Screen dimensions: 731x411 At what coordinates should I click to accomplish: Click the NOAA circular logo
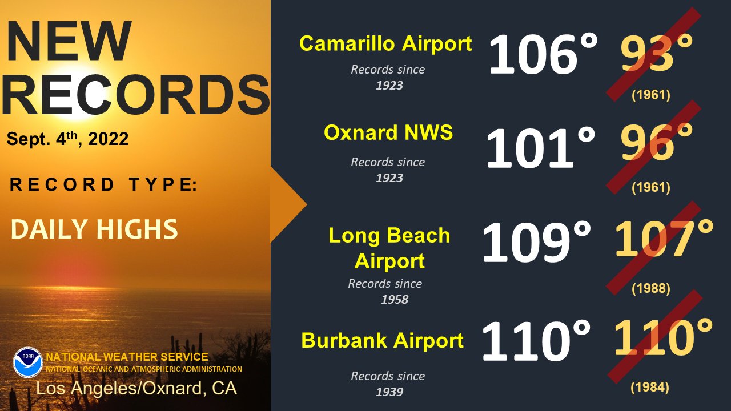coord(28,362)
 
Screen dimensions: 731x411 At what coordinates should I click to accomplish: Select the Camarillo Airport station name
coord(385,44)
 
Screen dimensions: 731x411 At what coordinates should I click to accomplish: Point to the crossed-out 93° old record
coord(657,53)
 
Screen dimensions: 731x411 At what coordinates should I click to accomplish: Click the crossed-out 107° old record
coord(664,238)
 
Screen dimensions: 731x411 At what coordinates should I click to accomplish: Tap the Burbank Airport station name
coord(383,340)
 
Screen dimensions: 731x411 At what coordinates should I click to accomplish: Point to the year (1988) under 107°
coord(650,288)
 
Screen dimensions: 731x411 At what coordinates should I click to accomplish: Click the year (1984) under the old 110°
coord(650,387)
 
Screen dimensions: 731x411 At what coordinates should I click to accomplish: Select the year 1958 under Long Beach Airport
coord(395,300)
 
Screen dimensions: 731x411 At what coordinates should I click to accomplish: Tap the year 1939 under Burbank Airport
coord(389,392)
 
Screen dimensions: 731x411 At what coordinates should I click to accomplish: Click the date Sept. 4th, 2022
coord(67,138)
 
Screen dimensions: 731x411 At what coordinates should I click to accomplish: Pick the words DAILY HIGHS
coord(94,229)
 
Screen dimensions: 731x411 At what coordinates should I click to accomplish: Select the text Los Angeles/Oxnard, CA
coord(136,388)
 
